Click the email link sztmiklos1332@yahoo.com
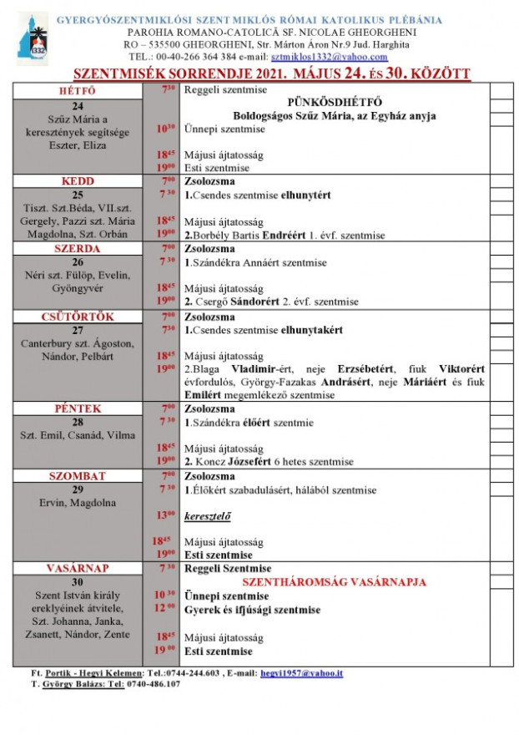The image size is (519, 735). click(x=330, y=57)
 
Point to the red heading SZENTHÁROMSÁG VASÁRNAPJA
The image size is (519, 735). click(x=333, y=582)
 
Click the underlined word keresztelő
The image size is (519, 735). click(x=208, y=515)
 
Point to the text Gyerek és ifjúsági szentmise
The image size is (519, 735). click(x=252, y=610)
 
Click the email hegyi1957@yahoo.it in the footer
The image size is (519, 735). click(x=301, y=672)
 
